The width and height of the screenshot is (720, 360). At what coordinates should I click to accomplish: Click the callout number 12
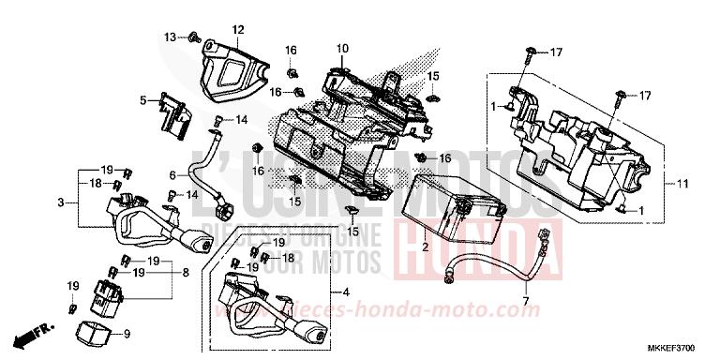(238, 29)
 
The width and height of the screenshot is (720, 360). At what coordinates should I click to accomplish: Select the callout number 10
(342, 48)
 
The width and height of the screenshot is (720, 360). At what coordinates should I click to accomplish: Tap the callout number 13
(170, 37)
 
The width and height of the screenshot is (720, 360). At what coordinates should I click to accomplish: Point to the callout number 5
(143, 99)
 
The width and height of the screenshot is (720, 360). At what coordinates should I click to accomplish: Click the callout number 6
(172, 175)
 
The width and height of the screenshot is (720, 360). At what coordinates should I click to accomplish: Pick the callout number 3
(60, 202)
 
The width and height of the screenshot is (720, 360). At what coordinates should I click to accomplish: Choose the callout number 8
(186, 274)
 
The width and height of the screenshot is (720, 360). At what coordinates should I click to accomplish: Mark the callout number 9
(128, 332)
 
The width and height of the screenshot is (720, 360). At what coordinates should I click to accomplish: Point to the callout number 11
(682, 183)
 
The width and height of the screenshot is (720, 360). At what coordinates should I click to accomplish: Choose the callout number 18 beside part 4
(289, 257)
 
